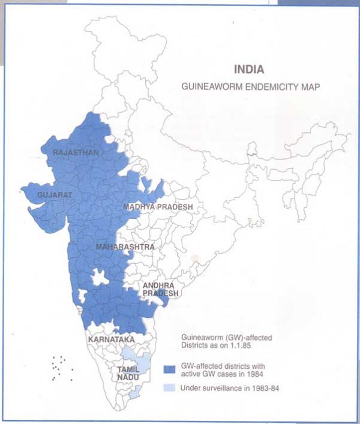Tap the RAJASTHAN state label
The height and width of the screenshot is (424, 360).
click(x=76, y=153)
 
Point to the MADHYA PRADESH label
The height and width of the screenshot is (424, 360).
click(x=158, y=207)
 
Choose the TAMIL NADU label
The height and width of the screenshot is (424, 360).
click(x=128, y=374)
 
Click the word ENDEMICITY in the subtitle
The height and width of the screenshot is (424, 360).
click(x=265, y=87)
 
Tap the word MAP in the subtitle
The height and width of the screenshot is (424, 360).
click(x=311, y=87)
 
